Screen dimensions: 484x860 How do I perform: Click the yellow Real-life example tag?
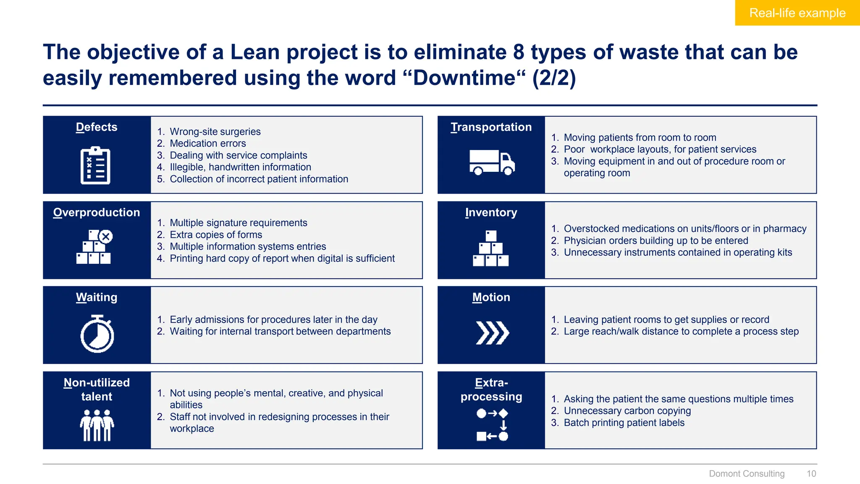click(x=797, y=13)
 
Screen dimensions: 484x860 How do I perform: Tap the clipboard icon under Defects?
click(x=96, y=166)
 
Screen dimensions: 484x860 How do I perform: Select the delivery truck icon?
click(x=492, y=162)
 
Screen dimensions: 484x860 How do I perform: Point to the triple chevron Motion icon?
click(x=492, y=333)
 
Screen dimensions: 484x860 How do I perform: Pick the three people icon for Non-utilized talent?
click(x=97, y=425)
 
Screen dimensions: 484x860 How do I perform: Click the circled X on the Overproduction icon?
click(x=106, y=237)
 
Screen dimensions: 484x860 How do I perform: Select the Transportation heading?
click(x=491, y=127)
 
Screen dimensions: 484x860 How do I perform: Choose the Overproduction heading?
click(x=97, y=212)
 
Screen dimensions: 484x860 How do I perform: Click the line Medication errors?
click(x=207, y=143)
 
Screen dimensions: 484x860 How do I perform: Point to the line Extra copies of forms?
click(x=216, y=234)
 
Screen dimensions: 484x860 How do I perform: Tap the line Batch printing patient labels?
click(x=624, y=423)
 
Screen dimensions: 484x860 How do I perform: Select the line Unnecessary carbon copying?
click(x=627, y=410)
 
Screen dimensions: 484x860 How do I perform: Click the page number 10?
click(x=811, y=473)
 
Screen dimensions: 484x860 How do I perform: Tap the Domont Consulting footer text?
click(x=747, y=473)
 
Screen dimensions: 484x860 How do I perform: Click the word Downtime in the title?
click(x=464, y=78)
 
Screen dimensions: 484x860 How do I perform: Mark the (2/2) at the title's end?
click(x=554, y=78)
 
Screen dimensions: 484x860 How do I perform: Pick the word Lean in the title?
click(x=255, y=52)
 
